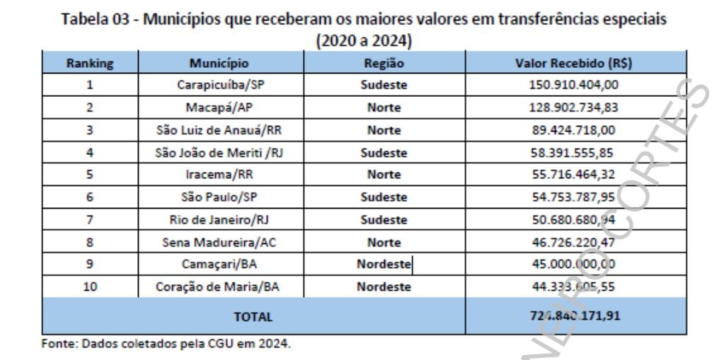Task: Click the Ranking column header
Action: coord(90,63)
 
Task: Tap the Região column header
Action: coord(383,63)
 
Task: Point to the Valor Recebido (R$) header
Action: coord(575,63)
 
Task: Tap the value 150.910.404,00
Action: coord(575,86)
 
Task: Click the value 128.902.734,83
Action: coord(575,108)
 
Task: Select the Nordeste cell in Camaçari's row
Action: coord(383,265)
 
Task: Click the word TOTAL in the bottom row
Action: coord(253,317)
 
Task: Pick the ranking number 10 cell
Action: coord(90,288)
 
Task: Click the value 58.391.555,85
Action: coord(575,153)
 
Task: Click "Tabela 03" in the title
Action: coord(100,20)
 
